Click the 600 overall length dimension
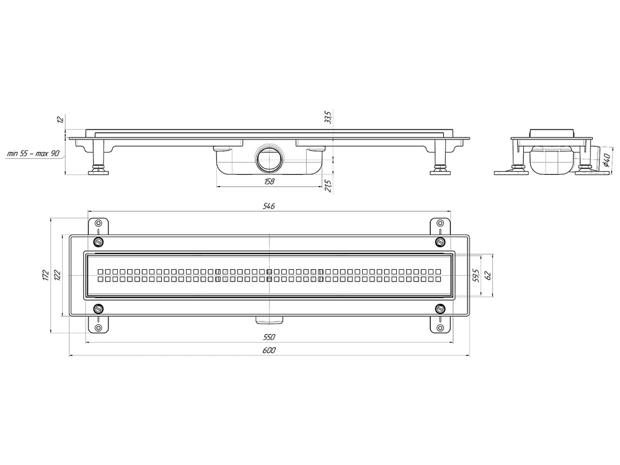269,350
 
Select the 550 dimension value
269,337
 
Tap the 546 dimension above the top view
268,206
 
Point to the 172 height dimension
45,275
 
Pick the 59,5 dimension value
476,275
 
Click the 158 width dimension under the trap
269,181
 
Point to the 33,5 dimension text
328,117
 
